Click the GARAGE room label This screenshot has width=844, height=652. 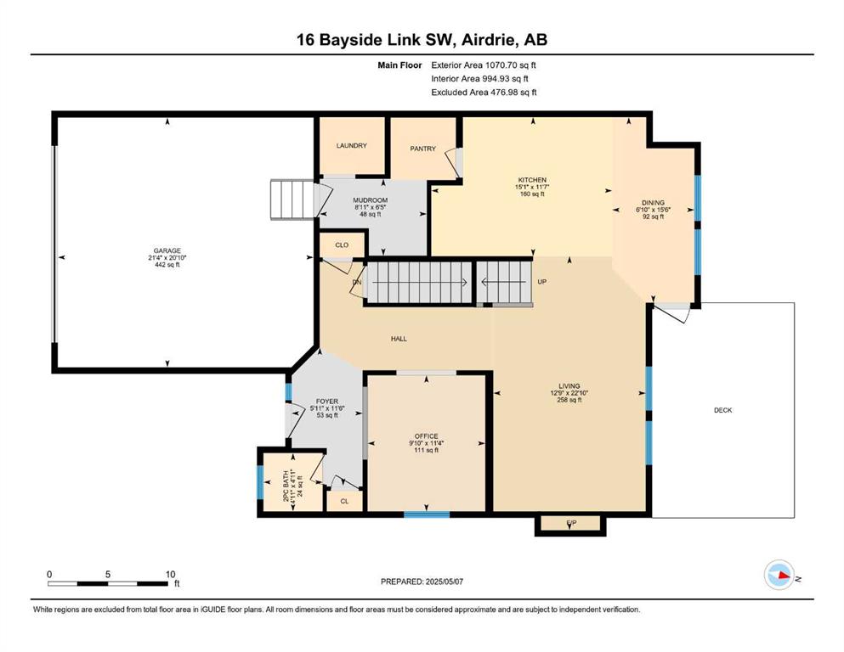pos(167,251)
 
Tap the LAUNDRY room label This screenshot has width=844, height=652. pos(352,146)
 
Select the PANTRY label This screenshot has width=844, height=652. pos(422,149)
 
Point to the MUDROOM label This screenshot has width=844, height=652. pos(371,200)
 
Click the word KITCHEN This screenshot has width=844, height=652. pos(532,180)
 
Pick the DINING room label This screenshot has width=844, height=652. pos(653,203)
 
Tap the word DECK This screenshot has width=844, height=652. pos(723,410)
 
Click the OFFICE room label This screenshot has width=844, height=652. pos(427,436)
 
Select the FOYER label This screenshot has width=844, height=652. pos(327,402)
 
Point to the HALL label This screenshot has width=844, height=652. pos(399,339)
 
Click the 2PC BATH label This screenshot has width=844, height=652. pos(286,486)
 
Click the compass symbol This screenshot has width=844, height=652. pos(779,575)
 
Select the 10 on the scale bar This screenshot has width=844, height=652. pos(170,574)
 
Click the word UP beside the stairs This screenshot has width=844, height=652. pos(542,282)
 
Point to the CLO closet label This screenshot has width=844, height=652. pos(342,245)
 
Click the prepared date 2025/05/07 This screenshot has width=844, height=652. pos(444,582)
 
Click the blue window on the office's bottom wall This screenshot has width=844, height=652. pos(427,515)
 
